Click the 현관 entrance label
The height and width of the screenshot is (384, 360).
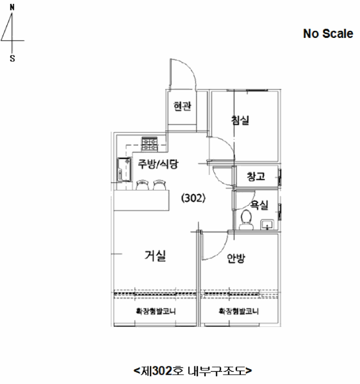182,106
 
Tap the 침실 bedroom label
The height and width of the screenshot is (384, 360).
240,120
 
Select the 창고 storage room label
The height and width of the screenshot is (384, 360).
256,176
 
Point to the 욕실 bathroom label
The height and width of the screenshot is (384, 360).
259,205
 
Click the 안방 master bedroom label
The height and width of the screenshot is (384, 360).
236,258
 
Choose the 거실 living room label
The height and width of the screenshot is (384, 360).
155,256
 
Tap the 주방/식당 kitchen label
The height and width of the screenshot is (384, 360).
158,164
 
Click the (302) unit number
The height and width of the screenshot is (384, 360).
193,198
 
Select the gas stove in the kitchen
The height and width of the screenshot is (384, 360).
149,144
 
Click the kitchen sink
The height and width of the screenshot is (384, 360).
124,170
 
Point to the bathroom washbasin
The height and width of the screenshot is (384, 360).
267,224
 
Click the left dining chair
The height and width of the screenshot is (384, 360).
142,185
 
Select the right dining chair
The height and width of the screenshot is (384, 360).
160,185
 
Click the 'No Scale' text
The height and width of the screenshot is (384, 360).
328,33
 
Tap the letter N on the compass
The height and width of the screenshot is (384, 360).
12,8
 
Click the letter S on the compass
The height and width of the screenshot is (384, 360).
12,59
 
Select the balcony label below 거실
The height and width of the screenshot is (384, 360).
156,311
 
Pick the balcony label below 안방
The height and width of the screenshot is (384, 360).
239,311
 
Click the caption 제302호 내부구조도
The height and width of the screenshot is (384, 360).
193,371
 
